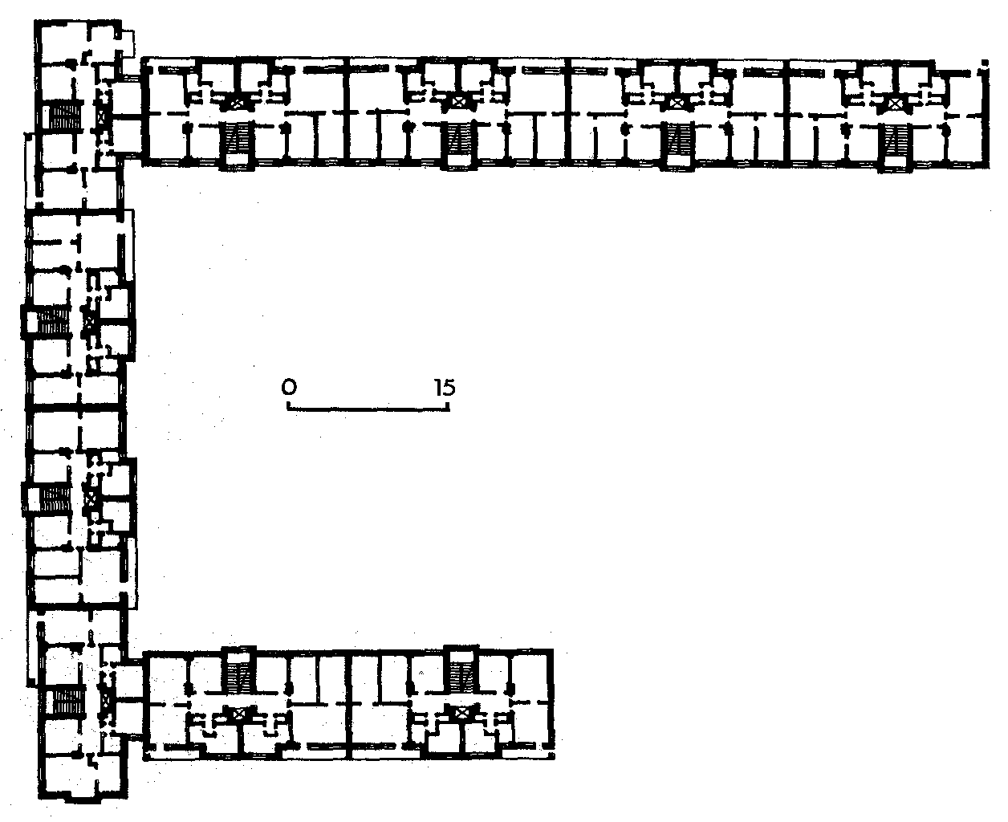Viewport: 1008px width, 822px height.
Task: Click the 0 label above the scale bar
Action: click(289, 387)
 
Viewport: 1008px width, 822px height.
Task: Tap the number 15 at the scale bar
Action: click(445, 388)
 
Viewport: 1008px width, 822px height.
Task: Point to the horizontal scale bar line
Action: click(368, 409)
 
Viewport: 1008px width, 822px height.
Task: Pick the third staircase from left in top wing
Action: click(679, 139)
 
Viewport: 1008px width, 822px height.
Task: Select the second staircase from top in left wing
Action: click(54, 321)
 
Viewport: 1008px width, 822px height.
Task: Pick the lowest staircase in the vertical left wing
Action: click(67, 702)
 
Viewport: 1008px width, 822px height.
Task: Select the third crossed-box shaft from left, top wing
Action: click(676, 102)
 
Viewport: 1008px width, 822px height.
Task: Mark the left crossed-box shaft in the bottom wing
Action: click(239, 714)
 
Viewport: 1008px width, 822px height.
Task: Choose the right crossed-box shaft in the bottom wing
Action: click(461, 714)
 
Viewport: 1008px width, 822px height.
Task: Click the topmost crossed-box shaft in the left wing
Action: click(100, 116)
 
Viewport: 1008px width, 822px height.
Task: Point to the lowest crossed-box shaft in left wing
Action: click(106, 702)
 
